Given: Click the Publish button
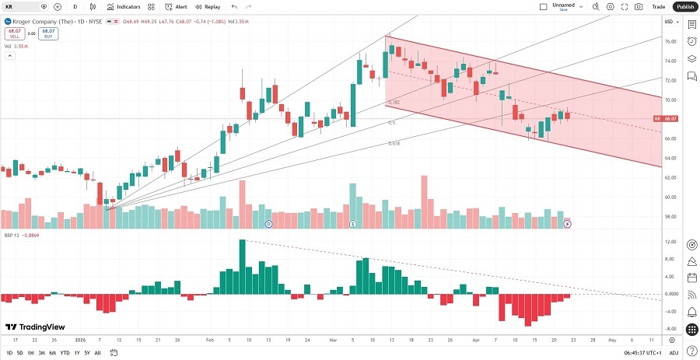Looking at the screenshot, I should click(x=684, y=6).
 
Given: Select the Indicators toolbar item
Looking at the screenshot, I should click(x=124, y=6).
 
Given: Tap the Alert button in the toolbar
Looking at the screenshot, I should click(x=177, y=6).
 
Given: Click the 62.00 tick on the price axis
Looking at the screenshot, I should click(x=669, y=178).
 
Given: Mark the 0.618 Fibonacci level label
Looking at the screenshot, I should click(x=395, y=144).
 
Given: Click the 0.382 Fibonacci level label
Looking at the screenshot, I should click(x=394, y=102).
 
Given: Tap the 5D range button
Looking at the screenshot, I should click(x=19, y=353).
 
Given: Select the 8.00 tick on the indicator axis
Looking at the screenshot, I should click(x=669, y=259).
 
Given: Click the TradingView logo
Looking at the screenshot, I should click(x=35, y=327).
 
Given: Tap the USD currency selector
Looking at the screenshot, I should click(x=668, y=21).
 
